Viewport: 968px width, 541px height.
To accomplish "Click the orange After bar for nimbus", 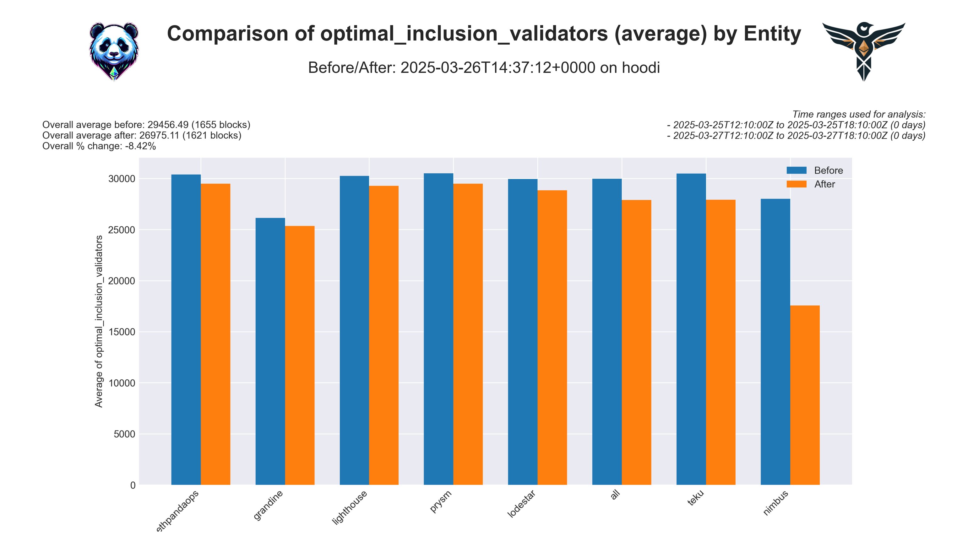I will (805, 394).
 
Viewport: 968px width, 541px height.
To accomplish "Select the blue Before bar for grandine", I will (270, 351).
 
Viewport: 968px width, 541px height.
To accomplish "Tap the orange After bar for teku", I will (721, 342).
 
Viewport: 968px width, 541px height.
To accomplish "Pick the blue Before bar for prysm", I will (438, 329).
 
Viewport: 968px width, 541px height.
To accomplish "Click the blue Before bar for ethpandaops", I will (186, 329).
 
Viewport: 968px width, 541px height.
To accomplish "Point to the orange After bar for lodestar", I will (552, 337).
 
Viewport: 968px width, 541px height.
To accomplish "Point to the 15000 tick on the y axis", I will (121, 332).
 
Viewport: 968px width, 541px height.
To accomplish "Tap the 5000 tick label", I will (124, 434).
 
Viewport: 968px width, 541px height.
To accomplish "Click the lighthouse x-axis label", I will (350, 507).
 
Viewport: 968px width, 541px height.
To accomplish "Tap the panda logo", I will (114, 51).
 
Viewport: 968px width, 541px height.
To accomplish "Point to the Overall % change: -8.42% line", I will (99, 146).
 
